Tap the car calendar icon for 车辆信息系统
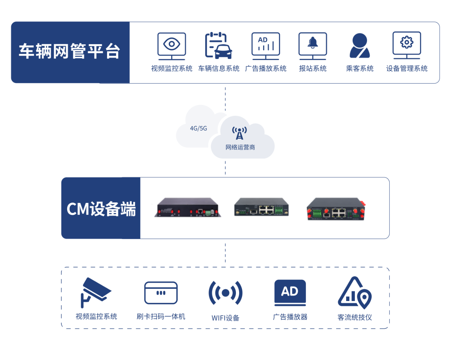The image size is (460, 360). [x=218, y=46]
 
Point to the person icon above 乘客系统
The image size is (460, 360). [x=359, y=46]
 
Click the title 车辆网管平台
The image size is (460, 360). [x=70, y=51]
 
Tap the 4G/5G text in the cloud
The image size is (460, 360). [x=199, y=128]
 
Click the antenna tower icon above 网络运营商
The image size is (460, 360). [x=240, y=133]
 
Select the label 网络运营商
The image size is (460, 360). [x=240, y=147]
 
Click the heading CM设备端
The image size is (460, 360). [x=101, y=209]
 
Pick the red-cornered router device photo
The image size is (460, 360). [x=336, y=209]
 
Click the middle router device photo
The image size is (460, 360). [x=261, y=207]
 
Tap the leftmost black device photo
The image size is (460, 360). [x=188, y=208]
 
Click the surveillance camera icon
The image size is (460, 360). [x=95, y=292]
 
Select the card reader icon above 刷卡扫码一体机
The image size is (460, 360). [x=161, y=293]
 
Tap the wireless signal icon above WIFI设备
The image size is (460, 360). [x=226, y=293]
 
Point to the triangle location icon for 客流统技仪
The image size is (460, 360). [x=355, y=293]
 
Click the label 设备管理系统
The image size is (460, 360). [x=407, y=68]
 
